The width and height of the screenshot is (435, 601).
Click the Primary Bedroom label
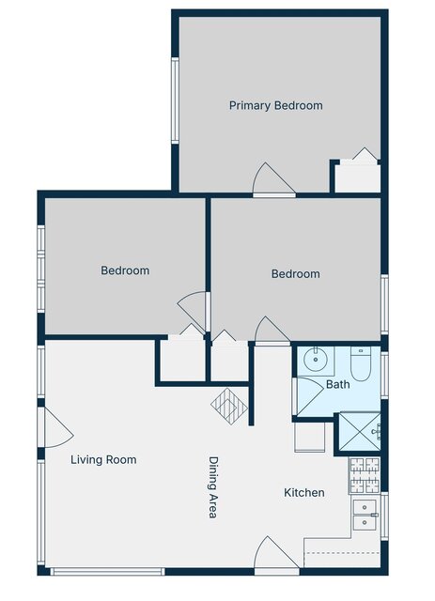tap(276, 105)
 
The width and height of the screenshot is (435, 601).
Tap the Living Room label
tap(103, 459)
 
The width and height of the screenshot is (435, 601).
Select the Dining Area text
tap(213, 487)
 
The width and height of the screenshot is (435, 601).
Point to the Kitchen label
tap(304, 492)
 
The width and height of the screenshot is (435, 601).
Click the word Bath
tap(338, 384)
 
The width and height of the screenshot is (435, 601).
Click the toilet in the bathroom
tap(361, 364)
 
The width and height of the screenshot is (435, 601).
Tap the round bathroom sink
tap(316, 360)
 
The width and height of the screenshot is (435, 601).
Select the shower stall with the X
tap(360, 432)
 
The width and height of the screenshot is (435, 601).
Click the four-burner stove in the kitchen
tap(364, 475)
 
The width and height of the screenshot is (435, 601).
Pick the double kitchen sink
tap(365, 515)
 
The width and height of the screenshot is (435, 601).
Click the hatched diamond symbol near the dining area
tap(229, 407)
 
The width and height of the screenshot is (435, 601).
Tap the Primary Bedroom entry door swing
tap(274, 178)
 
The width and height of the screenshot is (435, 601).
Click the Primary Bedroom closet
tap(358, 177)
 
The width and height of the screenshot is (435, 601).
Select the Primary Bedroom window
tap(175, 100)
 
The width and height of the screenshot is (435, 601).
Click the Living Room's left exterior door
tap(55, 427)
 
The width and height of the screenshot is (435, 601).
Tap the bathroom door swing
tap(310, 396)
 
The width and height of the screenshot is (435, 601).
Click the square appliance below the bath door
tap(309, 437)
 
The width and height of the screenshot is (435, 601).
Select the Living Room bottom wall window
tap(107, 572)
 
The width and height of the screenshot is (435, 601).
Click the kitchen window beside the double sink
tap(384, 516)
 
